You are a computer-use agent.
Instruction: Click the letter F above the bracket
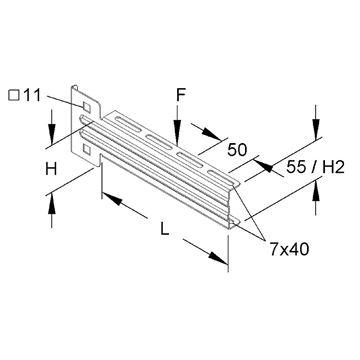pyautogui.click(x=181, y=95)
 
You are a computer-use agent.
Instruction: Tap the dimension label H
pyautogui.click(x=51, y=170)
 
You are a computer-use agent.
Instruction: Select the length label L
pyautogui.click(x=164, y=229)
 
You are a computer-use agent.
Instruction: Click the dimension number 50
pyautogui.click(x=237, y=150)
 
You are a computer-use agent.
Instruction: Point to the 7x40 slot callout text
pyautogui.click(x=289, y=249)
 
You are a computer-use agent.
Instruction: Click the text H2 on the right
pyautogui.click(x=333, y=168)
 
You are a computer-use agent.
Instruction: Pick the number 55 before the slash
pyautogui.click(x=296, y=168)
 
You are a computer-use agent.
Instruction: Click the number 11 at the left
pyautogui.click(x=32, y=96)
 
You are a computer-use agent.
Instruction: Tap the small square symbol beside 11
pyautogui.click(x=14, y=96)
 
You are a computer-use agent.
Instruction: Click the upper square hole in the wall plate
pyautogui.click(x=86, y=107)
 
